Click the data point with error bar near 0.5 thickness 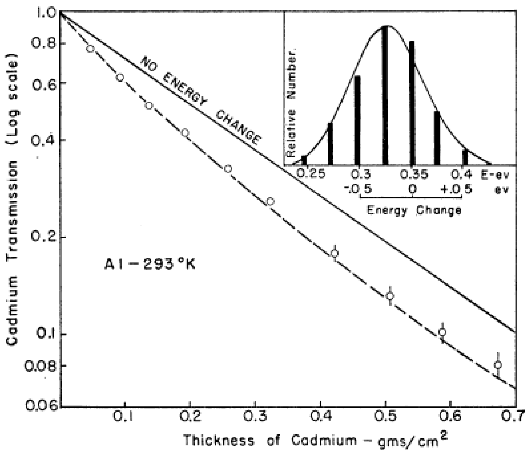pos(390,296)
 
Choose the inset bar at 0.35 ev pos(412,103)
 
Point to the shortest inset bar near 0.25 pos(304,160)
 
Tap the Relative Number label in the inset pos(291,103)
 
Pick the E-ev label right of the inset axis pos(494,175)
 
